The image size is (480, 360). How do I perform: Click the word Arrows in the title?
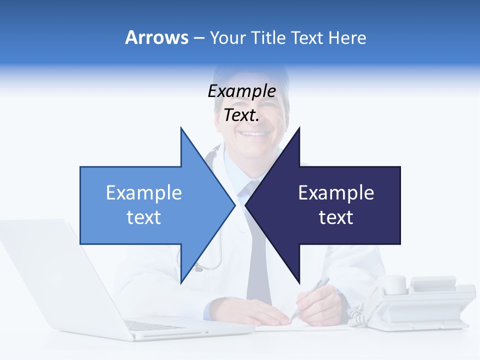click(156, 37)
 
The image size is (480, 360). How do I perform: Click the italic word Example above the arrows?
click(241, 91)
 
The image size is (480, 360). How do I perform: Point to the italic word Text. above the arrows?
click(241, 115)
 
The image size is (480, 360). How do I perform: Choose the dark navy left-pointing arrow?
click(330, 205)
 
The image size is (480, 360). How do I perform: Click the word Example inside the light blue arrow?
click(144, 192)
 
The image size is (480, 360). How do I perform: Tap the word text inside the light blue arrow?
click(144, 217)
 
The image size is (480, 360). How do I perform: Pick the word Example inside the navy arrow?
click(336, 192)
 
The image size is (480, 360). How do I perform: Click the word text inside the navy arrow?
click(336, 217)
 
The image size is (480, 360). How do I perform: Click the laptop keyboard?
click(155, 325)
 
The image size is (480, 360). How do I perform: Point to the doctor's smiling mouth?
click(255, 134)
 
